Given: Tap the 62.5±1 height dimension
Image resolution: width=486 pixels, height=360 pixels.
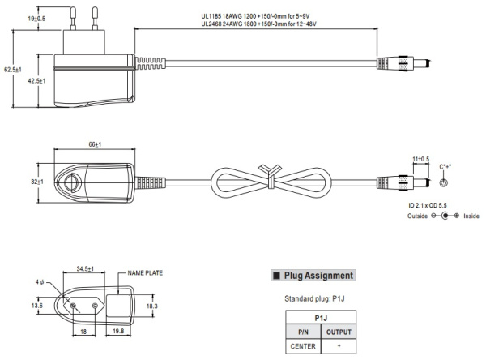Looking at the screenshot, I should [x=11, y=70].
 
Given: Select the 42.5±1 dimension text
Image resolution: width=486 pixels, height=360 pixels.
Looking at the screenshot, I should [x=36, y=82].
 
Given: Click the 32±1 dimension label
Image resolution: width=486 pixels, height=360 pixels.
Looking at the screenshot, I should [x=37, y=182].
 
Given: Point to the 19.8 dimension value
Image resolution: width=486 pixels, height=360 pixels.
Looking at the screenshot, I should [x=118, y=332].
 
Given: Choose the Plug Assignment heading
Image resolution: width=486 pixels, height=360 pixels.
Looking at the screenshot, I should [x=317, y=276].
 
